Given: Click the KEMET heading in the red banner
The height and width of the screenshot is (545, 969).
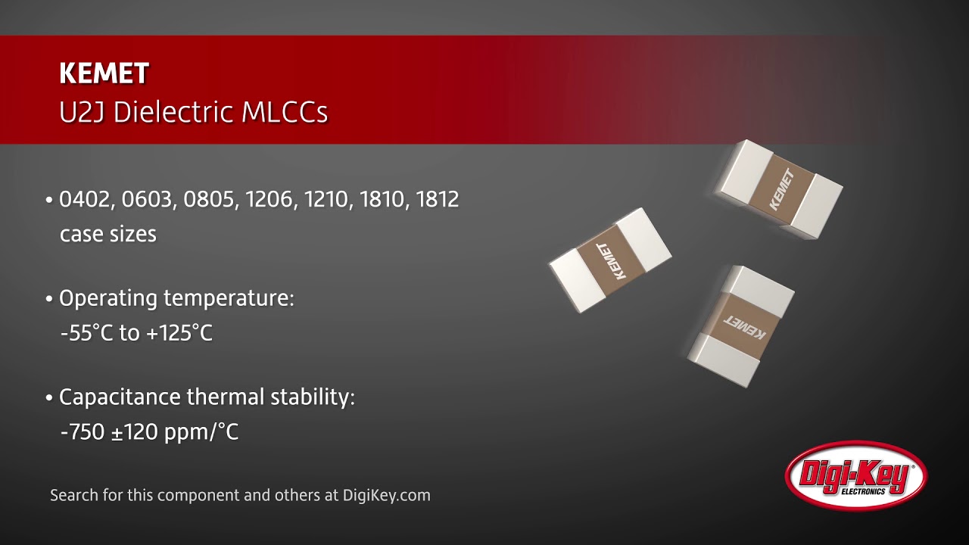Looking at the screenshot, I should (104, 73).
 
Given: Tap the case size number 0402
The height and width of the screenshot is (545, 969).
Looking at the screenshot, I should (83, 200).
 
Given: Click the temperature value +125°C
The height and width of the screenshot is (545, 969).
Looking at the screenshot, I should (179, 333).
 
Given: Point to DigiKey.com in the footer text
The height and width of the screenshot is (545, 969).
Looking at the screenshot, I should (386, 495).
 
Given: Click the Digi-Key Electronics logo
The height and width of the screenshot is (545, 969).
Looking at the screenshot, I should (856, 475).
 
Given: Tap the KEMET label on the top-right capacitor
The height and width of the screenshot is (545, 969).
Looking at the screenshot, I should (781, 189).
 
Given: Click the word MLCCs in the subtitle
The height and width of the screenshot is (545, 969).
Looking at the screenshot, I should (285, 112).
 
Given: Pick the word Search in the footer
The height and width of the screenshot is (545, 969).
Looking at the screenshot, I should (73, 495).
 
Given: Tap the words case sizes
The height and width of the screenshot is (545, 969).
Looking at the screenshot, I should (107, 234).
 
